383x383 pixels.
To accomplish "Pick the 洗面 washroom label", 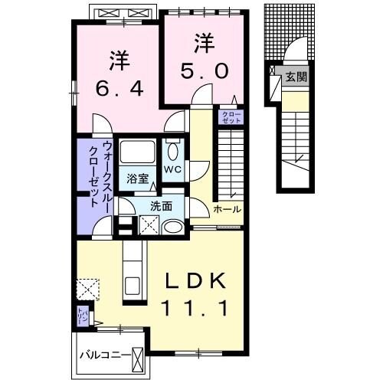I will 161,205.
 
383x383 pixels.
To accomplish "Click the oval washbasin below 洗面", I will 173,226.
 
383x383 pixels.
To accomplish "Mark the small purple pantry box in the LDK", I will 82,314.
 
